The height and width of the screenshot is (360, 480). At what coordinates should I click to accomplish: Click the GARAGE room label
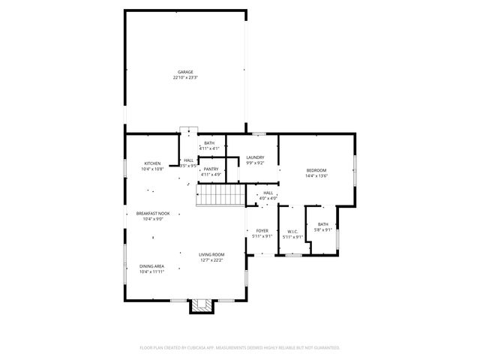pos(184,72)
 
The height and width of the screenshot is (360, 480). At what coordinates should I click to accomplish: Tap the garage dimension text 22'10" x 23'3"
pos(184,77)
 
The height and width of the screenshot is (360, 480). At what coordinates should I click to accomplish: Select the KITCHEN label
pos(152,163)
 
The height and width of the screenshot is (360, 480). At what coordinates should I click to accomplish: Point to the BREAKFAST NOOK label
pos(152,214)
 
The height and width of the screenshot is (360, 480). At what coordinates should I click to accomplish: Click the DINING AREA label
pos(151,266)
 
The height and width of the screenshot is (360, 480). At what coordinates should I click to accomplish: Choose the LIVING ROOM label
pos(211,254)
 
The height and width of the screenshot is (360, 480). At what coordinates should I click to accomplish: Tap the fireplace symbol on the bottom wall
pos(200,304)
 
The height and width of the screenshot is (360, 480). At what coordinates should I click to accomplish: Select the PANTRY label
pos(210,169)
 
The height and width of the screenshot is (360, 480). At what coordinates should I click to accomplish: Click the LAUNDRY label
pos(255,157)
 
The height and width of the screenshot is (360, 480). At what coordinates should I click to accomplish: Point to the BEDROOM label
pos(316,170)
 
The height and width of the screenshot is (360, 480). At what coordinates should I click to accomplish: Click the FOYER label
pos(262,231)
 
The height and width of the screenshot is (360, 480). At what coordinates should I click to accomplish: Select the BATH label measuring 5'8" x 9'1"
pos(322,224)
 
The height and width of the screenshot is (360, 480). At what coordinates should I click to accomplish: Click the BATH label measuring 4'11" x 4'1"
pos(208,143)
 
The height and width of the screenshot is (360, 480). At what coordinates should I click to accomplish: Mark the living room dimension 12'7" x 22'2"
pos(211,259)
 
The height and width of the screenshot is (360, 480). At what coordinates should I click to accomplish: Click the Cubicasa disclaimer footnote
pos(240,348)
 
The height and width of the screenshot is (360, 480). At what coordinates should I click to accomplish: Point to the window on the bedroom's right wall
pos(356,166)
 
